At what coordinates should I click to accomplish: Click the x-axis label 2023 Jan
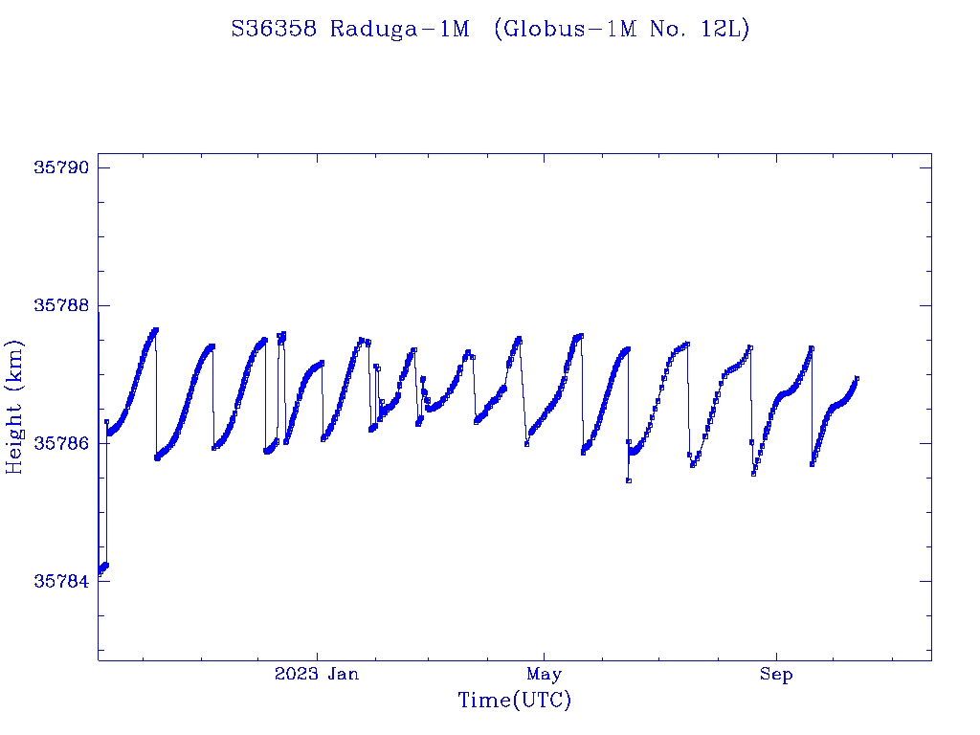317,675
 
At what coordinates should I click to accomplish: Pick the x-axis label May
544,675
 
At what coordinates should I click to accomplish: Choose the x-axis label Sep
776,675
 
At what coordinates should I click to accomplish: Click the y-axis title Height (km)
14,406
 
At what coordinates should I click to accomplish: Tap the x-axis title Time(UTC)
514,702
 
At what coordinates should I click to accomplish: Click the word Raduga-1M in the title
400,29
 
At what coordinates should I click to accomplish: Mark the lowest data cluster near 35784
103,568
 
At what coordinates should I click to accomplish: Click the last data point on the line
857,378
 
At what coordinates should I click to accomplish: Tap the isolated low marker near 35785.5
628,480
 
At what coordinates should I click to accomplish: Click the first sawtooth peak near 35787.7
155,329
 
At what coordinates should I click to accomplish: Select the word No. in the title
661,29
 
